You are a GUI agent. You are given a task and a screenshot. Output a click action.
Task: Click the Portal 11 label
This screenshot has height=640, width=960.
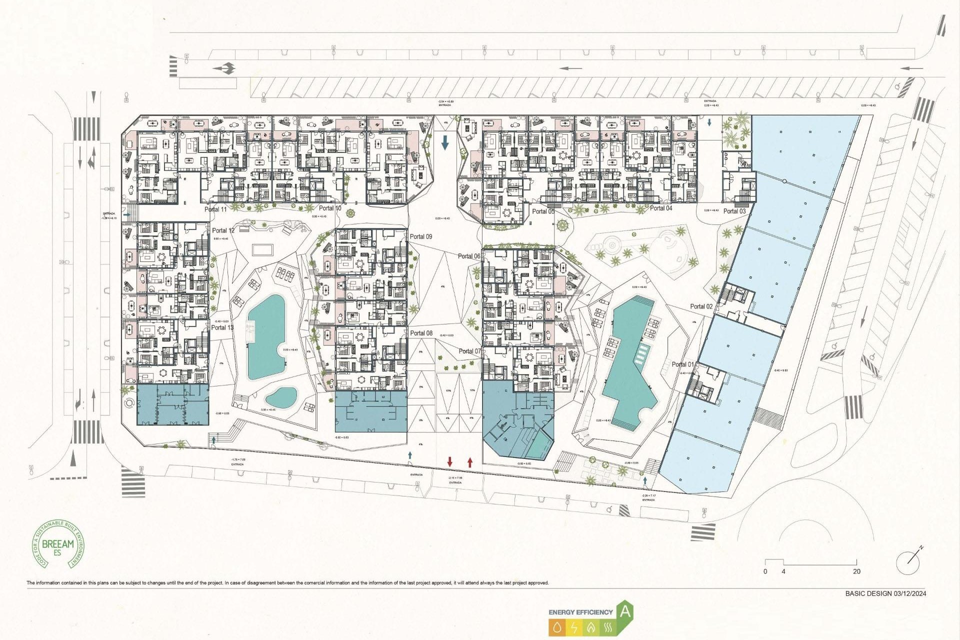coord(215,209)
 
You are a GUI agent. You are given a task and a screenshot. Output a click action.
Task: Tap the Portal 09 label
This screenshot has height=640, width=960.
coord(420,236)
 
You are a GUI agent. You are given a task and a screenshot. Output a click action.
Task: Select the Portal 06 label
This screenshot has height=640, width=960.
coord(469,256)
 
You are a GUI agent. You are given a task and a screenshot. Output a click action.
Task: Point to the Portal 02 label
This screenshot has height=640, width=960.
coord(701,306)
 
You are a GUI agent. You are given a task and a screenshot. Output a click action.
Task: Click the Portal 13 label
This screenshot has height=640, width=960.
coord(221,327)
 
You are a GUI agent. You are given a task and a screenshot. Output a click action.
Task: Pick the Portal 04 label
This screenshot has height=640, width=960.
coord(660,208)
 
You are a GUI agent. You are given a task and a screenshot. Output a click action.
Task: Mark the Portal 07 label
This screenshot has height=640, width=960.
coord(469,351)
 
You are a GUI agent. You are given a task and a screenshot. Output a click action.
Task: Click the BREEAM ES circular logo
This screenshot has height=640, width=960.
coord(58,544)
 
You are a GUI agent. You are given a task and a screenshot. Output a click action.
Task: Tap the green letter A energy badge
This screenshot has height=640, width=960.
coord(625,611)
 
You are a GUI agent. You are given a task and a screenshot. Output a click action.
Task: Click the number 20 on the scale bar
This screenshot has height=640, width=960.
coord(856,571)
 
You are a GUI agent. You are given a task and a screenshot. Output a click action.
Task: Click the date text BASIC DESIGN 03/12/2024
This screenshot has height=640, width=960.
coord(885,593)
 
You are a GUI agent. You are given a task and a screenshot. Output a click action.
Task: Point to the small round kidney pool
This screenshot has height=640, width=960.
coord(281,397)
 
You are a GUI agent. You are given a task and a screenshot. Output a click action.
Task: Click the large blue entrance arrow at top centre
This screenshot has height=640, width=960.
coord(445,143)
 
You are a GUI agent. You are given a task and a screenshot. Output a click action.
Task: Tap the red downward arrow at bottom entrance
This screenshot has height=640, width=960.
coord(450,461)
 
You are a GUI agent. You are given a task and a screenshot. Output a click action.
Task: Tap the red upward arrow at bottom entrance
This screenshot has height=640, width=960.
coord(470,461)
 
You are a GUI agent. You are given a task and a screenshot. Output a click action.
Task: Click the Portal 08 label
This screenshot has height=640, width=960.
coord(421,333)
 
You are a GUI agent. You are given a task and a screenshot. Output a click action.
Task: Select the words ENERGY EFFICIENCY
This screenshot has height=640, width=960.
coord(580,612)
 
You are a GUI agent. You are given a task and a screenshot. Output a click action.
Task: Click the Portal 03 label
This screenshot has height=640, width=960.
coord(734,211)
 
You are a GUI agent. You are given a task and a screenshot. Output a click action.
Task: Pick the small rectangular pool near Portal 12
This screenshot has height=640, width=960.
coord(262,249)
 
